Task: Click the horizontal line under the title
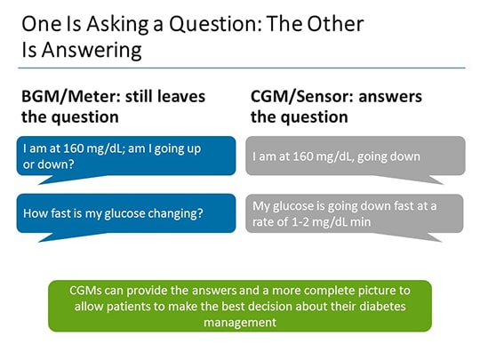240,68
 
